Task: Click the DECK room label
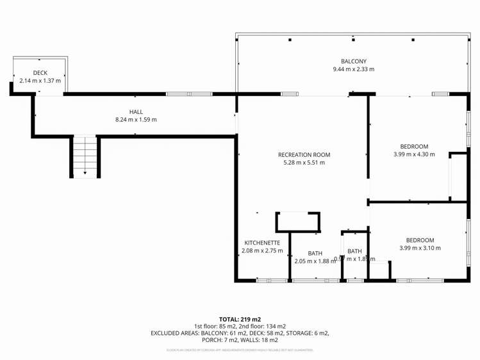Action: (40, 73)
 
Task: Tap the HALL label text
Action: (136, 111)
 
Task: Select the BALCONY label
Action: (353, 61)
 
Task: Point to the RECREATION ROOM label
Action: (304, 154)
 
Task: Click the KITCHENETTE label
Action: (262, 243)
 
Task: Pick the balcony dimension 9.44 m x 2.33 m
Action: (353, 69)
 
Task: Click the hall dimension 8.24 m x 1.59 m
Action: (136, 120)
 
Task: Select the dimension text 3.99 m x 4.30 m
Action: (413, 154)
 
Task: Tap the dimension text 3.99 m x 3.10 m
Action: (420, 248)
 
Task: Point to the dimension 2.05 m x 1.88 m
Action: (315, 261)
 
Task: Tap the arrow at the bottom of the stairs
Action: (85, 172)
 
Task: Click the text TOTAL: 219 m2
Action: (240, 319)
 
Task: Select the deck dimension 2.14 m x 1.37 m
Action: (40, 81)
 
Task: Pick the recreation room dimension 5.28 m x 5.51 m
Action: (304, 163)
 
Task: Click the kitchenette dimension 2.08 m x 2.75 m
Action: (262, 251)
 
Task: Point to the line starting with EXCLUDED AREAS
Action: (240, 333)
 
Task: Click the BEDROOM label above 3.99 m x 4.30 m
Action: (413, 147)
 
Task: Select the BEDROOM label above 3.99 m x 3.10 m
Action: (420, 240)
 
